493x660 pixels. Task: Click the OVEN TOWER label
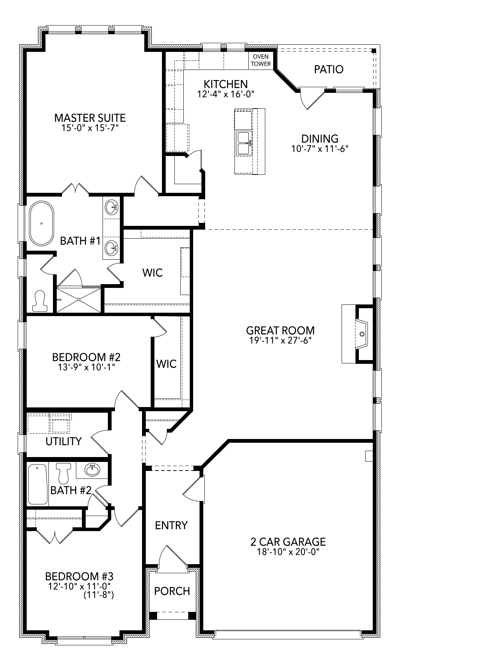[261, 60]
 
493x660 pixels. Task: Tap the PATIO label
[329, 70]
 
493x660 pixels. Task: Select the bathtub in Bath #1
[41, 223]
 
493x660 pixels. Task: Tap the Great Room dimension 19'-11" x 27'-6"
[280, 341]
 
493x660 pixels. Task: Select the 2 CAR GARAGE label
[288, 542]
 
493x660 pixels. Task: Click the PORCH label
[172, 591]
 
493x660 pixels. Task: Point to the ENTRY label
[171, 525]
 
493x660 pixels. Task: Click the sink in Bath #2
[92, 469]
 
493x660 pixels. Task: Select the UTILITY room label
[64, 441]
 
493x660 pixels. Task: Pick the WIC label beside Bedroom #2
[166, 364]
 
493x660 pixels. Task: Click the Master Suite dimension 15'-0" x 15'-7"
[90, 128]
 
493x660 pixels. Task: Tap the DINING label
[320, 139]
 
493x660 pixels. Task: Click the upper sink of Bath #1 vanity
[112, 206]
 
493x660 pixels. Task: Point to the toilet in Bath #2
[63, 473]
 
